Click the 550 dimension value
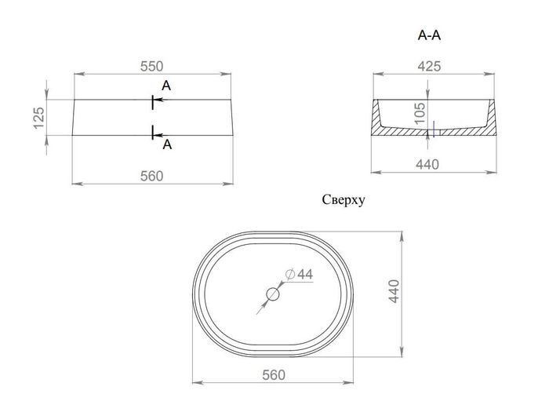[x=151, y=66]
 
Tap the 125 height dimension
[x=39, y=118]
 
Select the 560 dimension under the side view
[x=151, y=176]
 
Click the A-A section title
[x=429, y=35]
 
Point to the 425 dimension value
[x=429, y=66]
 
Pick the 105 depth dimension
[x=420, y=113]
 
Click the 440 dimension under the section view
[x=427, y=164]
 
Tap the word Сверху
[x=344, y=200]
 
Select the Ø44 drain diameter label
[x=300, y=274]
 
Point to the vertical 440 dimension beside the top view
[x=394, y=291]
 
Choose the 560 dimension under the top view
[x=274, y=375]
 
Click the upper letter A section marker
[x=166, y=86]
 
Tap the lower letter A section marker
[x=167, y=144]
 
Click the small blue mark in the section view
[x=434, y=129]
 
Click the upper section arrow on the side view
[x=160, y=100]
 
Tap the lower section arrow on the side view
[x=160, y=135]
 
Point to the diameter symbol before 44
[x=290, y=274]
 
